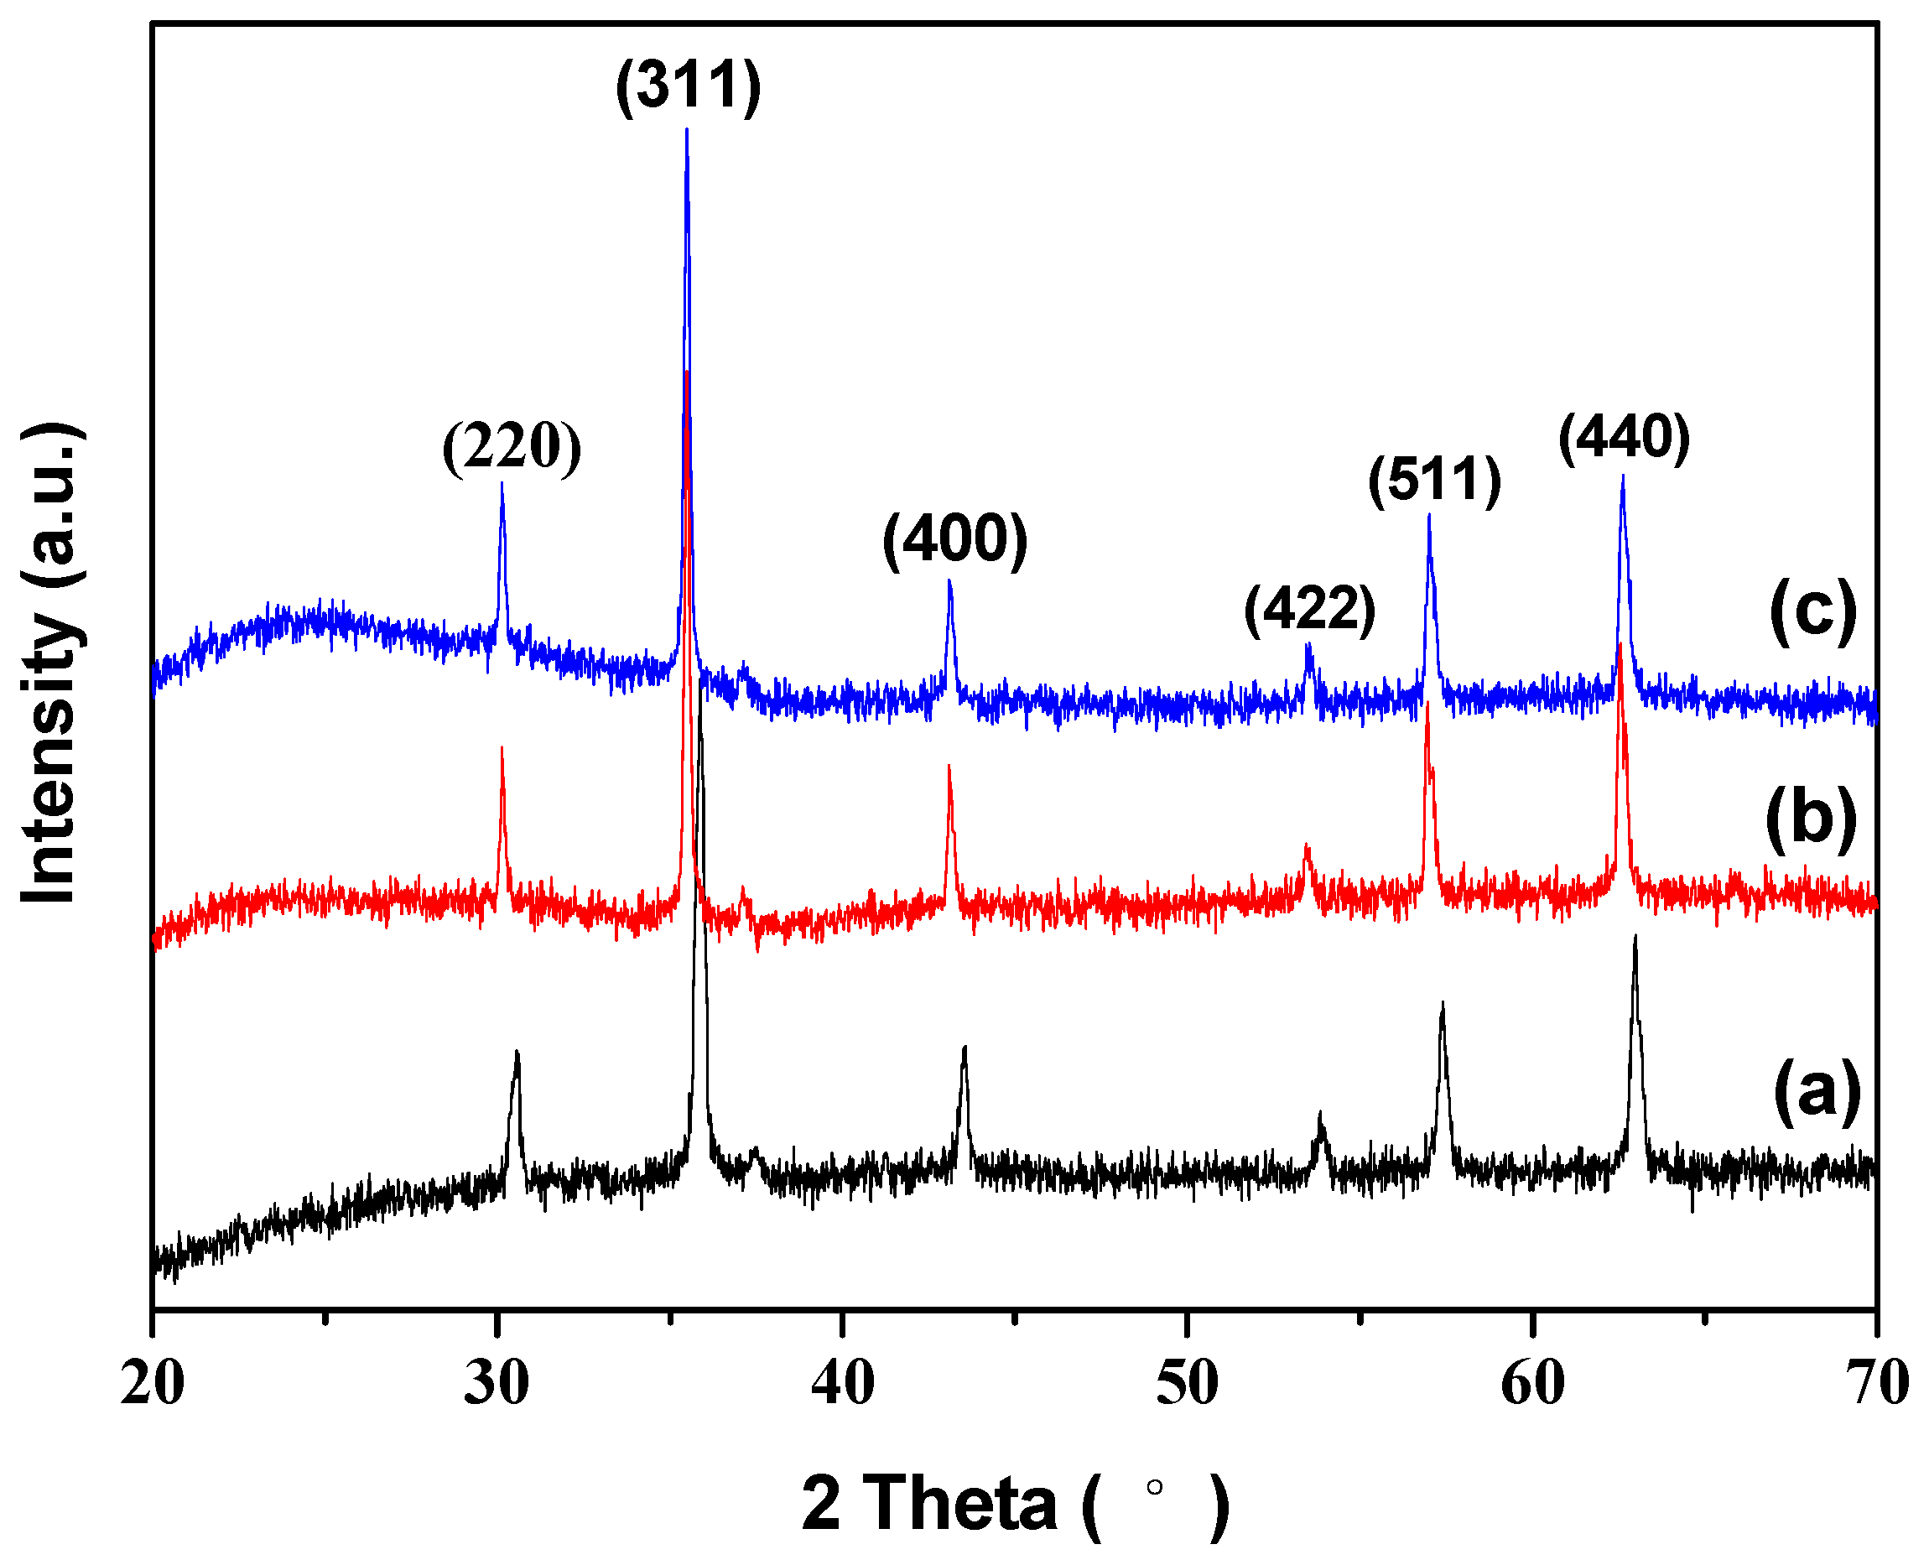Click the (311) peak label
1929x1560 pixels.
point(689,86)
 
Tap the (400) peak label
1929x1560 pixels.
point(955,540)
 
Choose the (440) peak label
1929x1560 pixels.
point(1625,438)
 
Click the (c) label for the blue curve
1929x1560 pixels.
point(1813,611)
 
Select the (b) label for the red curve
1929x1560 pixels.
point(1812,819)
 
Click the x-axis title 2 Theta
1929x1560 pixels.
point(1016,1503)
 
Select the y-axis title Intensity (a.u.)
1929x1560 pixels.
point(51,663)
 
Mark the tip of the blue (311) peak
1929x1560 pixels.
point(686,129)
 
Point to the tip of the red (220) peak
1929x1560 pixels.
point(502,747)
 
